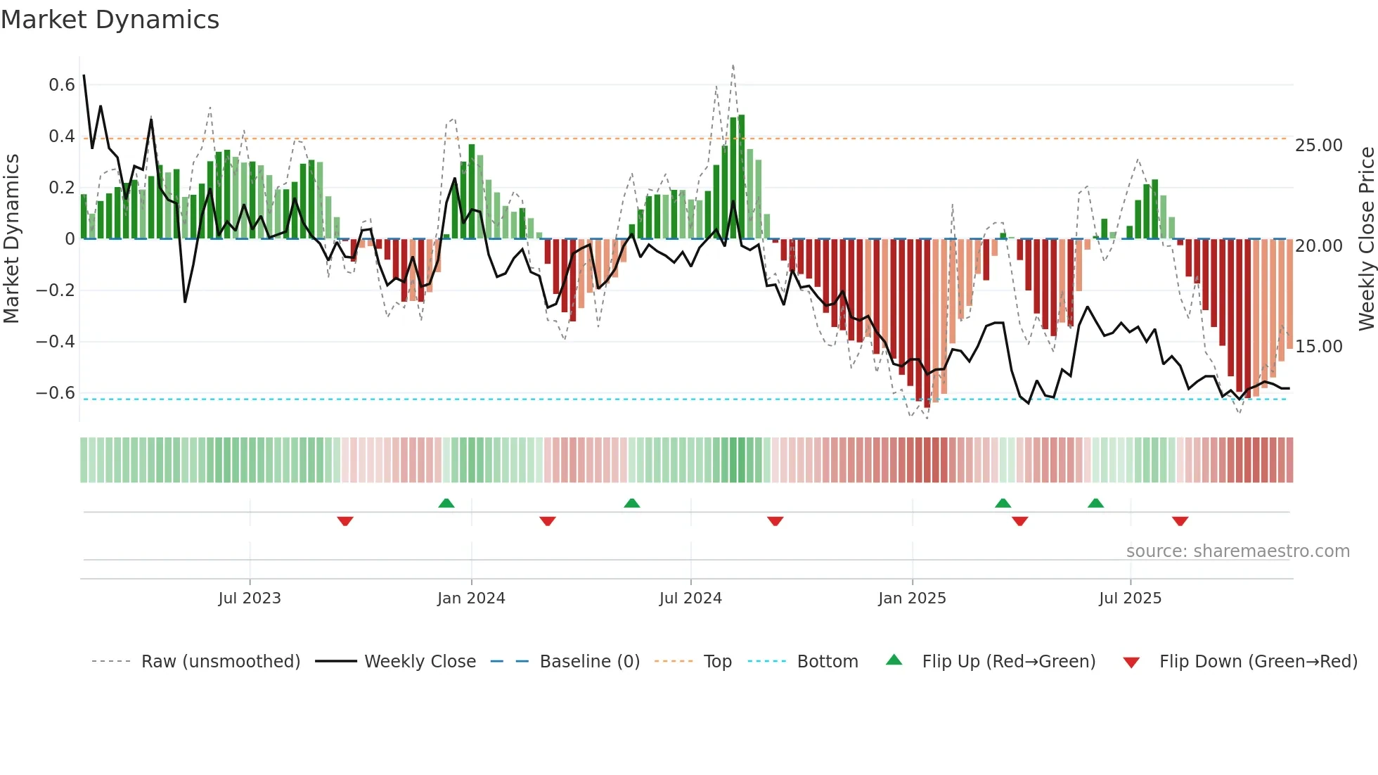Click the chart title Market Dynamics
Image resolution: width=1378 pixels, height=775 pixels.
[x=110, y=20]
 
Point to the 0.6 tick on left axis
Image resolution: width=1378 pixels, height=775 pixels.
[x=62, y=85]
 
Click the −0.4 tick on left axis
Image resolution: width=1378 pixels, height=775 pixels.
[x=56, y=342]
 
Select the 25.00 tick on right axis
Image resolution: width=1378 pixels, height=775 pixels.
[x=1319, y=146]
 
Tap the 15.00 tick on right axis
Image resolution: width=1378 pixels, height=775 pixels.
[x=1319, y=347]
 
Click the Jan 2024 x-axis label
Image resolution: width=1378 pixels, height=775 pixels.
[x=471, y=598]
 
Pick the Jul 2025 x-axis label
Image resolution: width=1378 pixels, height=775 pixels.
[x=1130, y=598]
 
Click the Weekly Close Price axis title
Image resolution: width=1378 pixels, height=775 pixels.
[x=1366, y=239]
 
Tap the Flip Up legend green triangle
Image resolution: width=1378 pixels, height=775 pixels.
[x=894, y=660]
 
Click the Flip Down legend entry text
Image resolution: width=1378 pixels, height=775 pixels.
[x=1258, y=662]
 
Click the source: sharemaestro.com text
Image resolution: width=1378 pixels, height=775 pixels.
[x=1237, y=551]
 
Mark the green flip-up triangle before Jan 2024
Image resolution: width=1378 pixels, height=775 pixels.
[x=446, y=503]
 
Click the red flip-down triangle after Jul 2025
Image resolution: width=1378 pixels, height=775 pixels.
[x=1180, y=521]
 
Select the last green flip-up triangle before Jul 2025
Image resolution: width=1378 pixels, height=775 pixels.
[x=1095, y=503]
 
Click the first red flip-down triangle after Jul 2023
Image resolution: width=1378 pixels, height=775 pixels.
[x=345, y=521]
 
